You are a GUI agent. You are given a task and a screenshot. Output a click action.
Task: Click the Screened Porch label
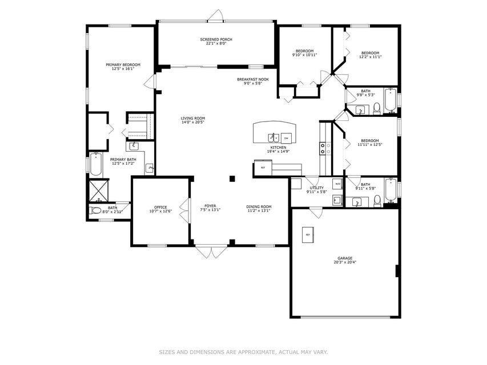216,39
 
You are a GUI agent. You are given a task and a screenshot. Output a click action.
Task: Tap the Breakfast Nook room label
253,79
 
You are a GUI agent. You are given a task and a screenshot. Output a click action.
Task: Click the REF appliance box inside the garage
308,235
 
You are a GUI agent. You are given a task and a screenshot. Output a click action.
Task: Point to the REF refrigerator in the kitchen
263,168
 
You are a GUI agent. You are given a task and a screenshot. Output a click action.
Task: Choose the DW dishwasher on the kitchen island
286,137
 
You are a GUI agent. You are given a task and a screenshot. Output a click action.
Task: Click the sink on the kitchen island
273,137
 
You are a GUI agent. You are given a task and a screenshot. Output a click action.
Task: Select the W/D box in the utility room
337,184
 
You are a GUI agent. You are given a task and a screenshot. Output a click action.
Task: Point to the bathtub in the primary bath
94,165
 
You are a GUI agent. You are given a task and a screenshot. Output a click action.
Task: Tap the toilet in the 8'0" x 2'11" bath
96,211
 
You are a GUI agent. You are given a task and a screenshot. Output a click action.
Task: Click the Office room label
160,207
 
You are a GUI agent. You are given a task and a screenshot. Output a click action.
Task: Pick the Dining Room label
259,206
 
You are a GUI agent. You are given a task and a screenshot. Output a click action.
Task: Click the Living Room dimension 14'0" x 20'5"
192,123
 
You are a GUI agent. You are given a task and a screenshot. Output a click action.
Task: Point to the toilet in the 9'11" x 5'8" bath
377,200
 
